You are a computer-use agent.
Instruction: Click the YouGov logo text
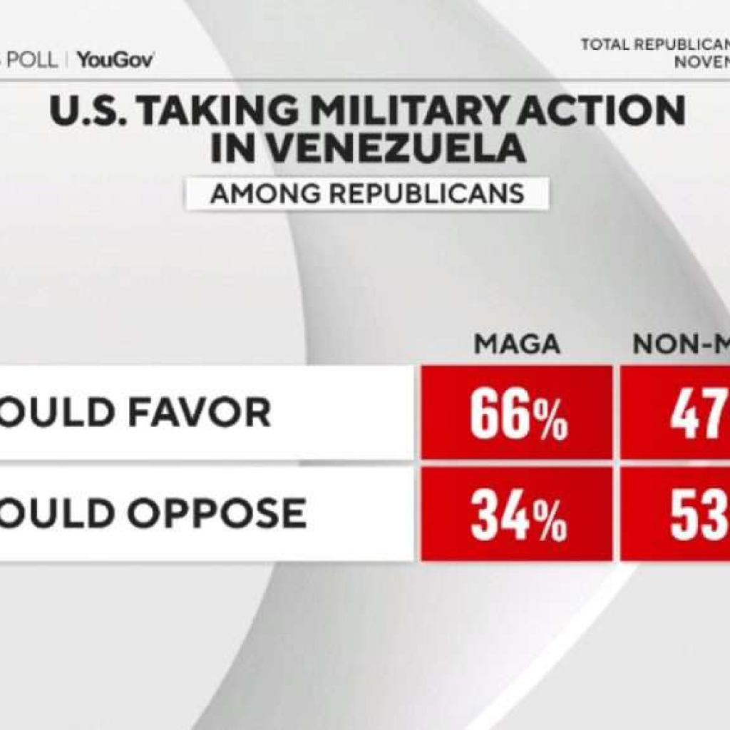(x=115, y=60)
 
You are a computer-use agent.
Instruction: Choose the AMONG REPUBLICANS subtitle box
(x=367, y=193)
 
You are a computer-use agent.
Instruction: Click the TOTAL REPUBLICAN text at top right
(x=654, y=45)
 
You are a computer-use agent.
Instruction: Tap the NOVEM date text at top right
(x=701, y=61)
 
